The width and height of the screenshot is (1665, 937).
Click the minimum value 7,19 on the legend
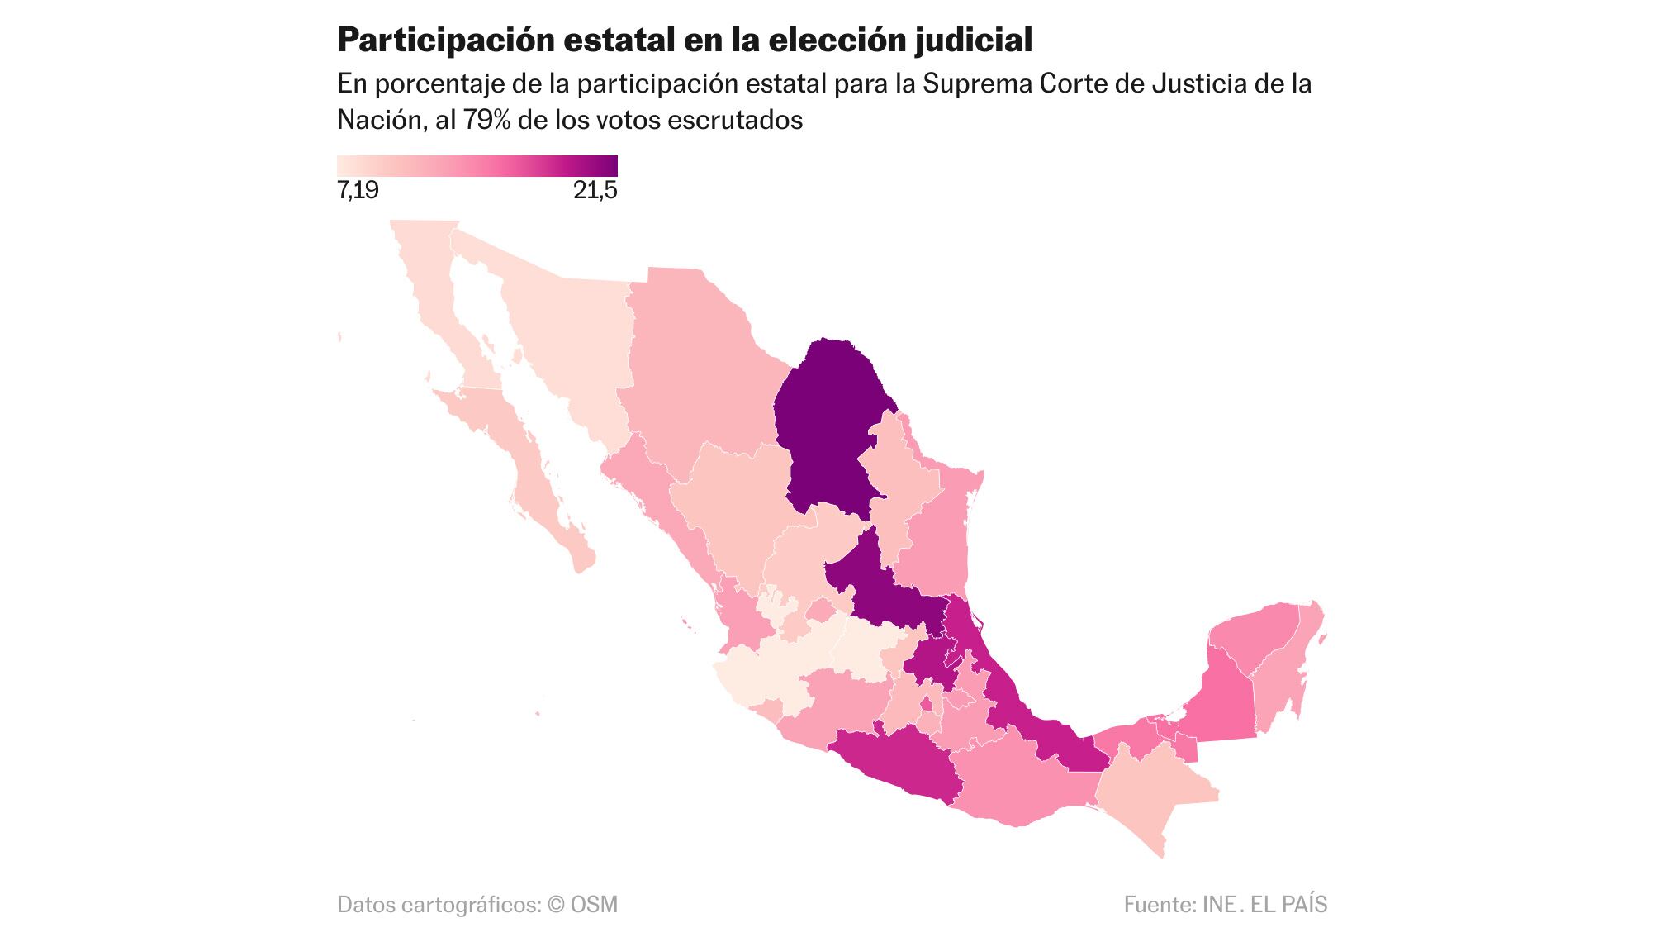[358, 192]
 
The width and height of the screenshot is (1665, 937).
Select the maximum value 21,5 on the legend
[595, 192]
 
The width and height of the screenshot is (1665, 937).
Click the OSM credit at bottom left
[593, 904]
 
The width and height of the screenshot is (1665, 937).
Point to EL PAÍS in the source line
[1288, 904]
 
